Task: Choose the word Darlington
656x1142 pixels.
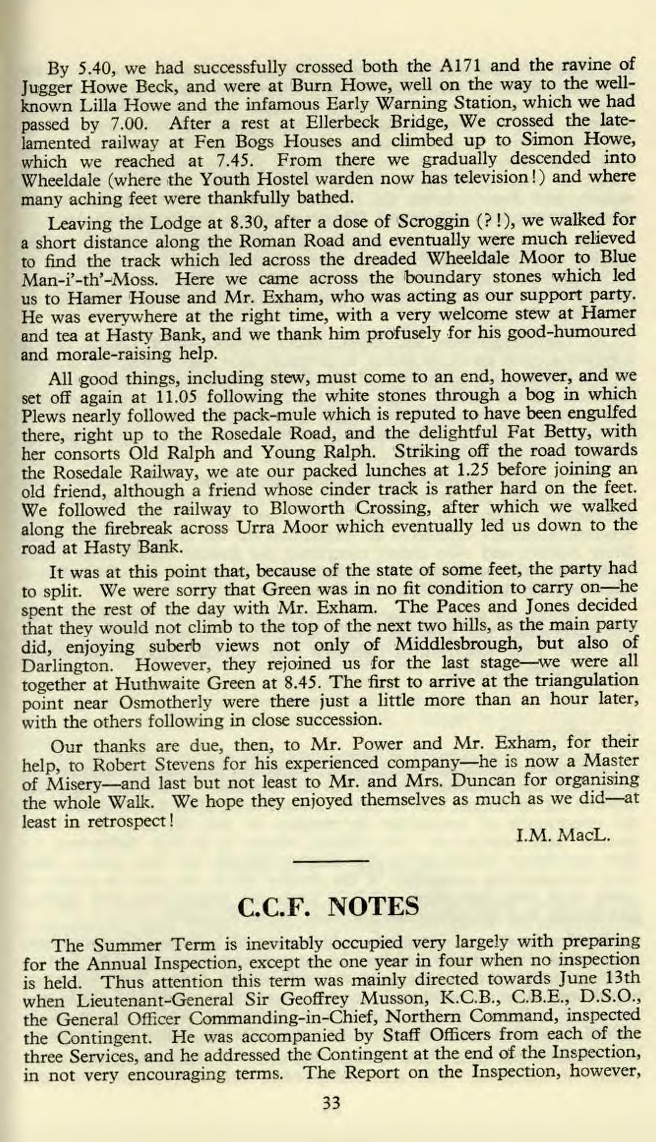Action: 71,664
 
